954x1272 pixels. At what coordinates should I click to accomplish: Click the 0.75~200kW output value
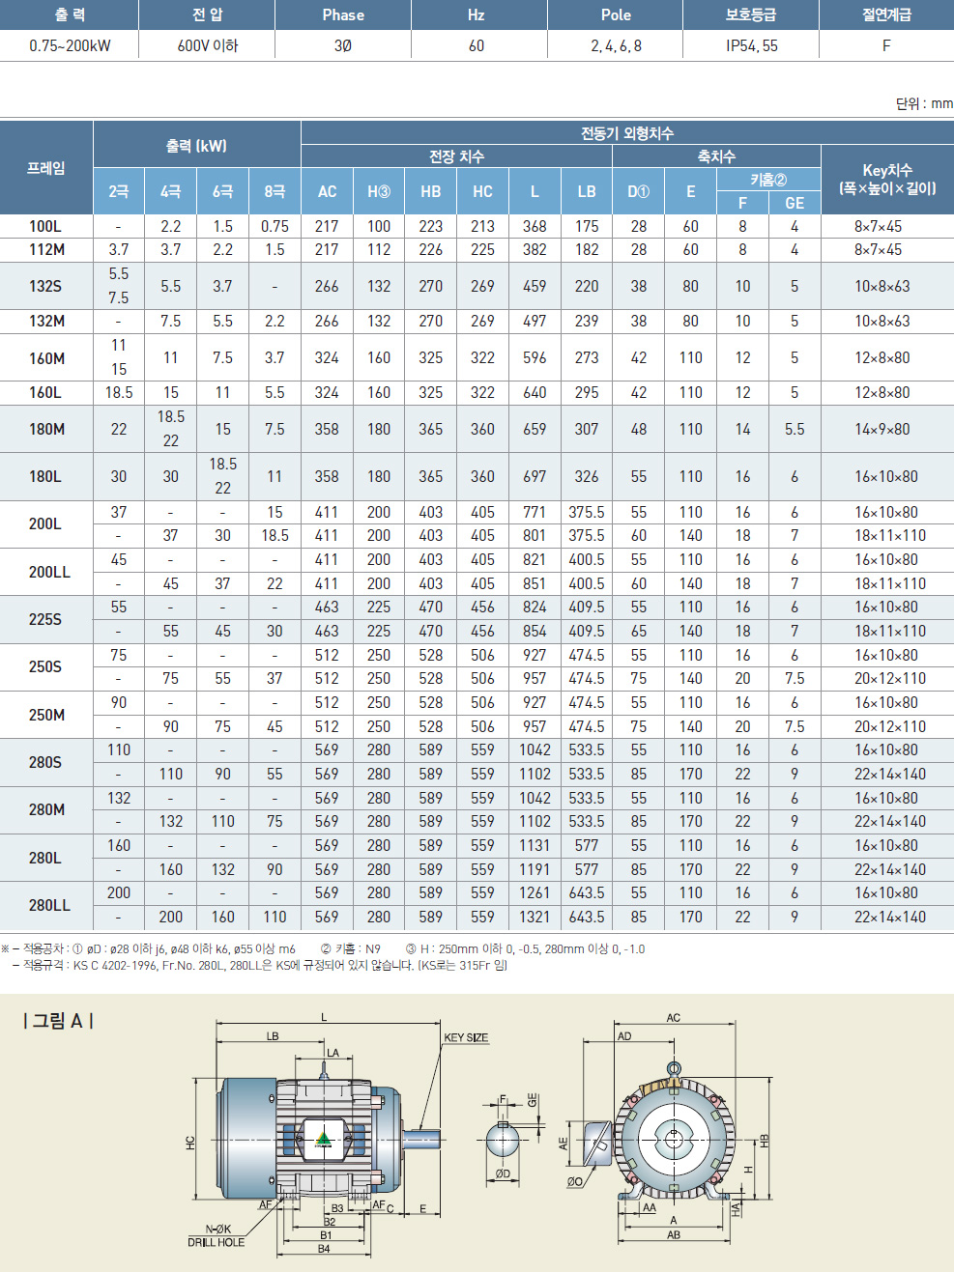[70, 45]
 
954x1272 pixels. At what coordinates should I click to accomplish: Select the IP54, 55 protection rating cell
[751, 45]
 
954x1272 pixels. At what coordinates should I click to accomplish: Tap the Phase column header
[343, 15]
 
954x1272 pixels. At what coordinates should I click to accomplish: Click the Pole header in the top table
[616, 15]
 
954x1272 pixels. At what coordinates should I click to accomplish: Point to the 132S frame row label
[45, 286]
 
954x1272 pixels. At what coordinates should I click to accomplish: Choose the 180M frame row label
[46, 429]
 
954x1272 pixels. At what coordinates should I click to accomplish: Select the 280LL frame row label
[49, 905]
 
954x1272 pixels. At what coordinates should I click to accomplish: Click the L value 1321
[535, 917]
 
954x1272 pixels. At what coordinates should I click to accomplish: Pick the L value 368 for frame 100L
[535, 226]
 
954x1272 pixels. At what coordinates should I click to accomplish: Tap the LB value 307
[587, 429]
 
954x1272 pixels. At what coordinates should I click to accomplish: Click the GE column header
[795, 203]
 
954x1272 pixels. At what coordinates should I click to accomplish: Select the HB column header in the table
[431, 191]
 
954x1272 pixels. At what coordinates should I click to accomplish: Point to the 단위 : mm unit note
[923, 103]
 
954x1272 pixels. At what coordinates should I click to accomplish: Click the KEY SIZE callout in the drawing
[466, 1037]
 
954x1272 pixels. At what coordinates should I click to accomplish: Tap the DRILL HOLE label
[216, 1242]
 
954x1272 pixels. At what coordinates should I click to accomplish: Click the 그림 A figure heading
[58, 1021]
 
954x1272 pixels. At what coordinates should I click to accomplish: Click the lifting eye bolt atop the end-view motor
[674, 1069]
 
